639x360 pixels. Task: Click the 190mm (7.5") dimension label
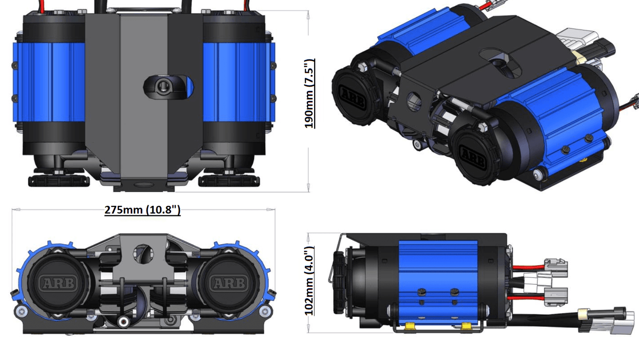(309, 94)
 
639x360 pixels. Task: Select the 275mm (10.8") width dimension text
(143, 210)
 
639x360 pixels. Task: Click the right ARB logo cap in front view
(228, 283)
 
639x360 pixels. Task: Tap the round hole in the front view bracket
(143, 253)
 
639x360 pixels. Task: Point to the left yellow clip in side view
(408, 327)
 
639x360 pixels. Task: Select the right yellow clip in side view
(466, 327)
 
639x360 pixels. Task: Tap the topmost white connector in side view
(556, 267)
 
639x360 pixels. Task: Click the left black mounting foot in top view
(59, 181)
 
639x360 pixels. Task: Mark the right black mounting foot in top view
(229, 181)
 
